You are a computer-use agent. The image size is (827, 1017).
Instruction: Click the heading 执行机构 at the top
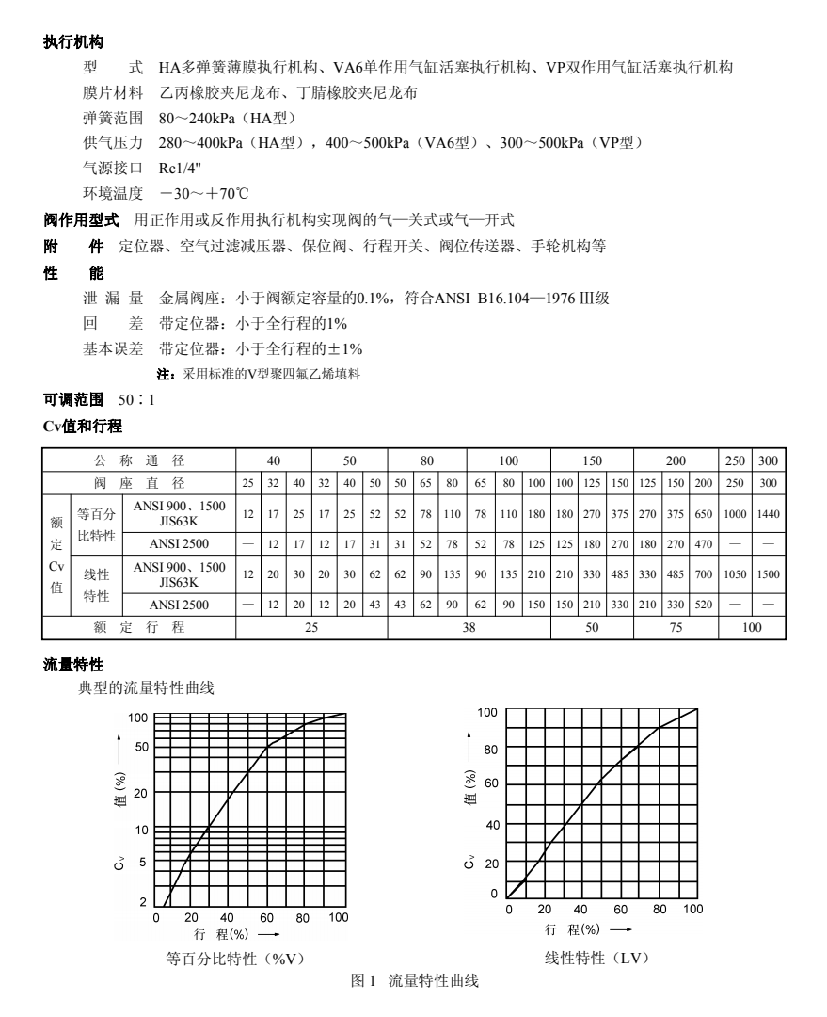[x=72, y=42]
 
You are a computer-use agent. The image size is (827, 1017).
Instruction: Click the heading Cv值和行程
[x=83, y=427]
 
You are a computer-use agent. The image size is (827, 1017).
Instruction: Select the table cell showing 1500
[x=769, y=574]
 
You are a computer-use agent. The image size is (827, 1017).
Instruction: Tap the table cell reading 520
[x=702, y=604]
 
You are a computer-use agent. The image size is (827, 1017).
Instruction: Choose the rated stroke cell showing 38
[x=469, y=627]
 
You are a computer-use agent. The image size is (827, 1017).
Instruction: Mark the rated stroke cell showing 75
[x=675, y=627]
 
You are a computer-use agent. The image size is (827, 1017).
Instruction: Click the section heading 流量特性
[x=72, y=666]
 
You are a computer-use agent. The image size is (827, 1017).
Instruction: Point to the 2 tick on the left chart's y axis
[x=143, y=902]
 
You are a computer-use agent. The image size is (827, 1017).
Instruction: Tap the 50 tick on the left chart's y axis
[x=140, y=747]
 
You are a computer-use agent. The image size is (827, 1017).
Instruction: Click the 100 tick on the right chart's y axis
[x=486, y=712]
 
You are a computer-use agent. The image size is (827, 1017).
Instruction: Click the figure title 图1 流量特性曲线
[x=414, y=981]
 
